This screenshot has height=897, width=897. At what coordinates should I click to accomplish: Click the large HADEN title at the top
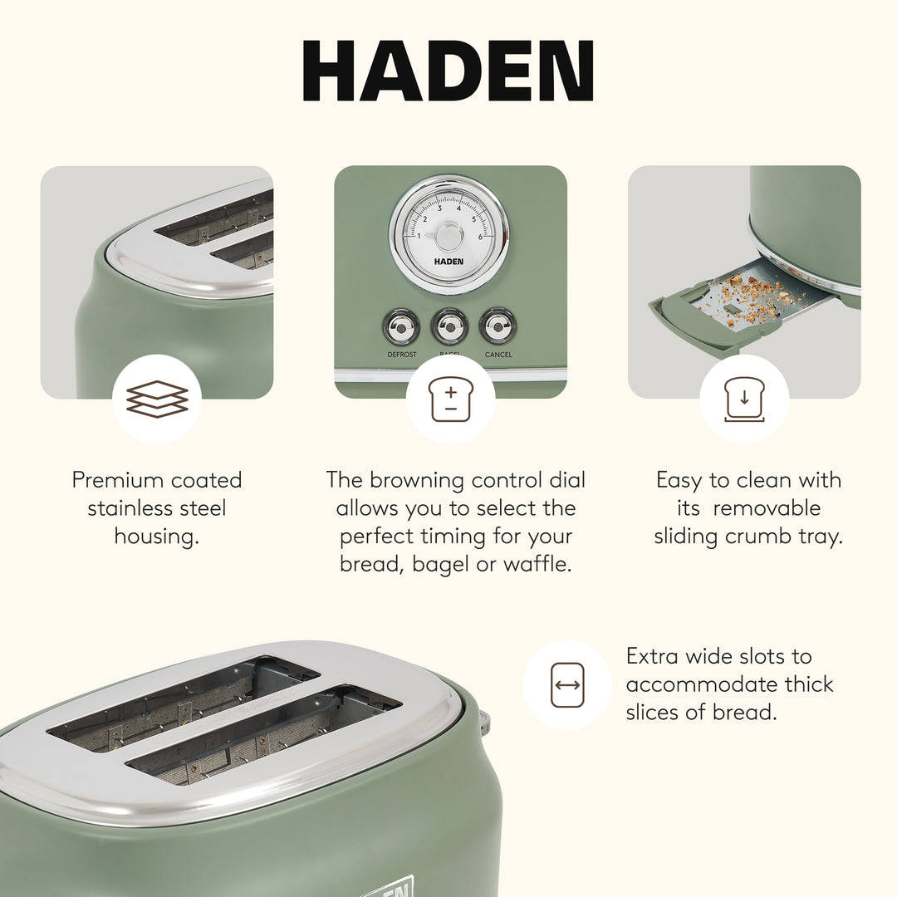tap(448, 71)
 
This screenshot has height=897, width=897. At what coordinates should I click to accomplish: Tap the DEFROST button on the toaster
tap(401, 326)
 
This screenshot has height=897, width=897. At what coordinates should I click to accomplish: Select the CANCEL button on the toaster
tap(498, 326)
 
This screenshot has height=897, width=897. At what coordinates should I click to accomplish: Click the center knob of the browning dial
tap(448, 237)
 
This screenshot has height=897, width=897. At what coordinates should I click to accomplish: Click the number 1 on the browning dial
tap(418, 237)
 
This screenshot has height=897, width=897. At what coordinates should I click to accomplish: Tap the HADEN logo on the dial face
tap(448, 262)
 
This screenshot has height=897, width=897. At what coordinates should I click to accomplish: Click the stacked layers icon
tap(157, 399)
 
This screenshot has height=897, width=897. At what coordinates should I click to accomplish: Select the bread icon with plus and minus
tap(450, 399)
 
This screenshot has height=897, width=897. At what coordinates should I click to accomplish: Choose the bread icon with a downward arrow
tap(744, 399)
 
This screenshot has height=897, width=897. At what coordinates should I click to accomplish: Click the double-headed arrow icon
tap(567, 685)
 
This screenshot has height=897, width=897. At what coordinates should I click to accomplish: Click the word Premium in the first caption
tap(118, 480)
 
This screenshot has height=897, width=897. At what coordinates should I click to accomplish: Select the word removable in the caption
tap(766, 508)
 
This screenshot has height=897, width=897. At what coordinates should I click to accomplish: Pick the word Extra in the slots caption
tap(653, 656)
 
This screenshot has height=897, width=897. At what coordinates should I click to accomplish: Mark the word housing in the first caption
tap(156, 537)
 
